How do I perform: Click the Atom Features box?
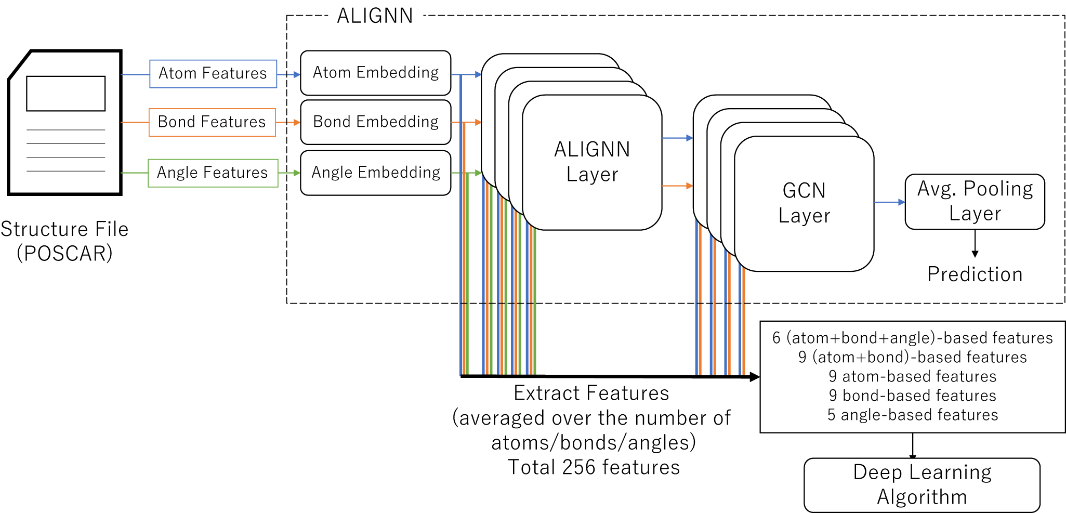coord(213,74)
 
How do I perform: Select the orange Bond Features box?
coord(212,122)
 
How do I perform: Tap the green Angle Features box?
coord(213,173)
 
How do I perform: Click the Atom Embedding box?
coord(375,73)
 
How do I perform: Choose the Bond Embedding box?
coord(375,122)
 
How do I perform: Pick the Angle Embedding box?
coord(375,173)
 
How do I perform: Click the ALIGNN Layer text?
coord(592,162)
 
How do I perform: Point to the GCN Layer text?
coord(804,203)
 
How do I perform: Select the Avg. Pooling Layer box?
coord(975,202)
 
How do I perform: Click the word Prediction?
coord(975,274)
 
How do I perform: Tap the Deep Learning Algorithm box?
coord(922,485)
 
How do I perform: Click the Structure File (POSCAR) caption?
coord(64,241)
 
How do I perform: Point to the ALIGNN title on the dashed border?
coord(375,16)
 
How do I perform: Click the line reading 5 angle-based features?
coord(913,415)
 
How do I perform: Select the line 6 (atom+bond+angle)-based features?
coord(913,338)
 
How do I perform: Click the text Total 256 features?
coord(594,467)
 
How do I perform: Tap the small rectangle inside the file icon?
coord(65,94)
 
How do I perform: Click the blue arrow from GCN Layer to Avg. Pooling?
coord(889,202)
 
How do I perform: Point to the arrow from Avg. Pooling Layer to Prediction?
coord(975,243)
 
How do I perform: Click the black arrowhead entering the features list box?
coord(755,377)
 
